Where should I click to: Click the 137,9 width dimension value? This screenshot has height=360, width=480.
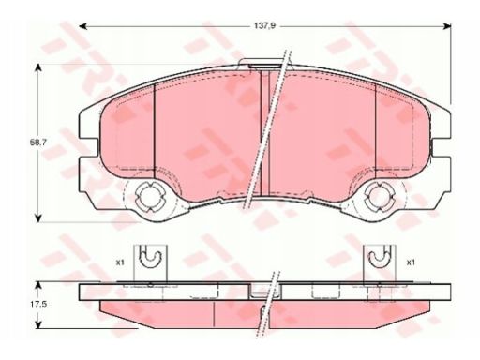263,26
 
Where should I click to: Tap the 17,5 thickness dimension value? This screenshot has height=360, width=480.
38,304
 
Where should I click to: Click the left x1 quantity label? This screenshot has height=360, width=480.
120,262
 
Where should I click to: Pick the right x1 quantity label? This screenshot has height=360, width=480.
411,262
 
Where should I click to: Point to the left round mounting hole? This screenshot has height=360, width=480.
150,197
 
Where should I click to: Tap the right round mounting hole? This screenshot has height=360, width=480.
379,197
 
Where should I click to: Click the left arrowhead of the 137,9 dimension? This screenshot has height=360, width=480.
82,26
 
